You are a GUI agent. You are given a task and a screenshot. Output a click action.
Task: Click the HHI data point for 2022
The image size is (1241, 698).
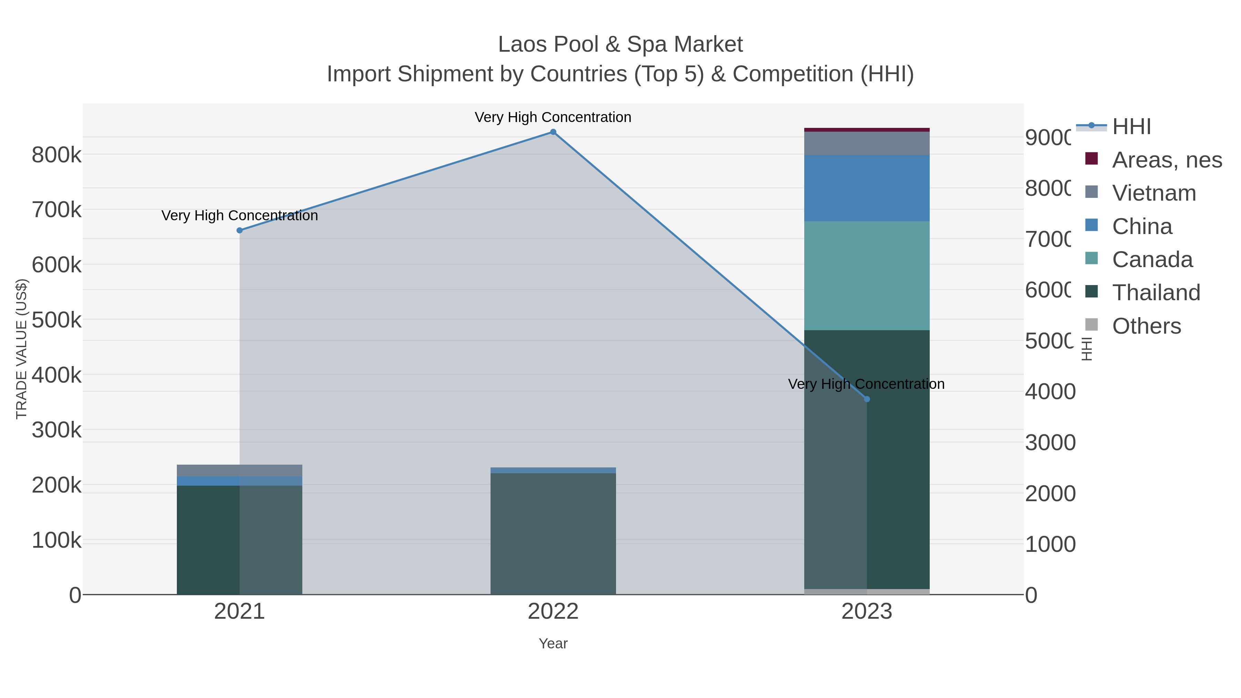coord(553,132)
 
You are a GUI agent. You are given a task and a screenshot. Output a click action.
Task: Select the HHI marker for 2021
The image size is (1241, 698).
coord(240,230)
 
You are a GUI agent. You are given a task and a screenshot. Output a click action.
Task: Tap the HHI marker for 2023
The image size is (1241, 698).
coord(867,399)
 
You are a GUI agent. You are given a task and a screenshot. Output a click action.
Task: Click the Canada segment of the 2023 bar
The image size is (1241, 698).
coord(867,275)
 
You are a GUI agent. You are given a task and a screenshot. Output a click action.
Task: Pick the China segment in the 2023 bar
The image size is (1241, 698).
coord(867,188)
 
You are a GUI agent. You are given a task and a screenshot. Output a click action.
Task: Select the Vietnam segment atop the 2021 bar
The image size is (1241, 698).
coord(240,470)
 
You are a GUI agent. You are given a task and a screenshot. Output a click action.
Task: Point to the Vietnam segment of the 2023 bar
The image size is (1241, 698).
coord(867,143)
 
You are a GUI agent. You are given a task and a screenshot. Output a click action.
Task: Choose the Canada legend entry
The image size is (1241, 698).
coord(1152,260)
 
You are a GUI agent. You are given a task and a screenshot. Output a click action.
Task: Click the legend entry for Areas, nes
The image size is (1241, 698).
coord(1166,160)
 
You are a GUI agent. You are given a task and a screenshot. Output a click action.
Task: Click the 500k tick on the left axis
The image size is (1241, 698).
coord(57,320)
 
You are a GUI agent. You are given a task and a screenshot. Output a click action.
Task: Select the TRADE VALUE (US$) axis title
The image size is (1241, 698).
coord(22,349)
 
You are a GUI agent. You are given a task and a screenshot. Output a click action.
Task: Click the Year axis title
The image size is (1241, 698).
coord(553,644)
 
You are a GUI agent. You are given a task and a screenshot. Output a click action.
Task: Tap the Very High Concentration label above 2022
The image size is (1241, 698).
coord(553,117)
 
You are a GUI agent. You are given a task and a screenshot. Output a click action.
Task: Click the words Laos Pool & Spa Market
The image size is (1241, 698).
coord(620,44)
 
